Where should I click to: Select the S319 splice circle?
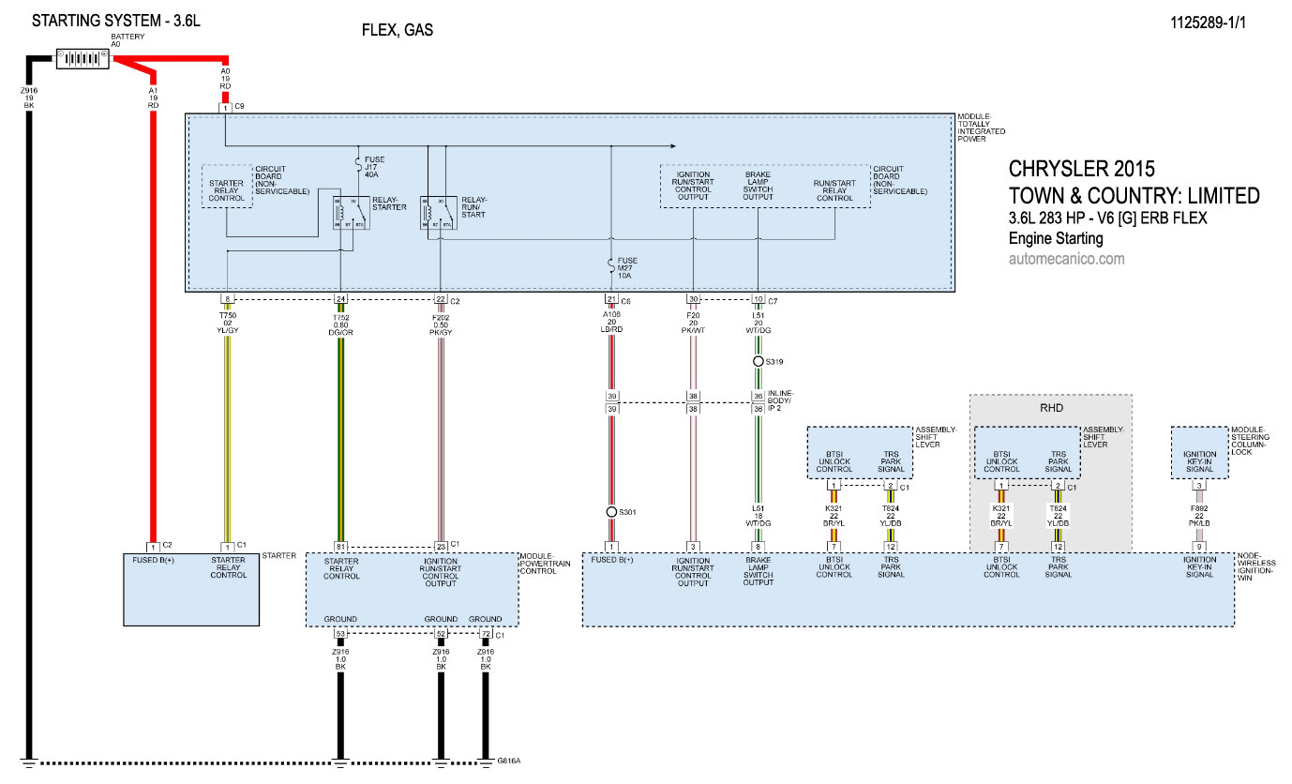758,361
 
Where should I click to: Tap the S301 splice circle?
611,512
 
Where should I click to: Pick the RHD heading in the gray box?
1050,408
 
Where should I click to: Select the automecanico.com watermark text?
1066,259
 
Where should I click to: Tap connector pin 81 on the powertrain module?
340,547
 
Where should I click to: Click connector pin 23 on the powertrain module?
441,547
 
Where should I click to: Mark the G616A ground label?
509,761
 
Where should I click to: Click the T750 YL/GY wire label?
227,323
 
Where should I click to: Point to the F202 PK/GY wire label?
441,323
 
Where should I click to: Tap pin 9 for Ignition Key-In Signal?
1198,547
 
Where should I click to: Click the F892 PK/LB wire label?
1198,513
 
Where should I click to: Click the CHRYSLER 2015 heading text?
1081,170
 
